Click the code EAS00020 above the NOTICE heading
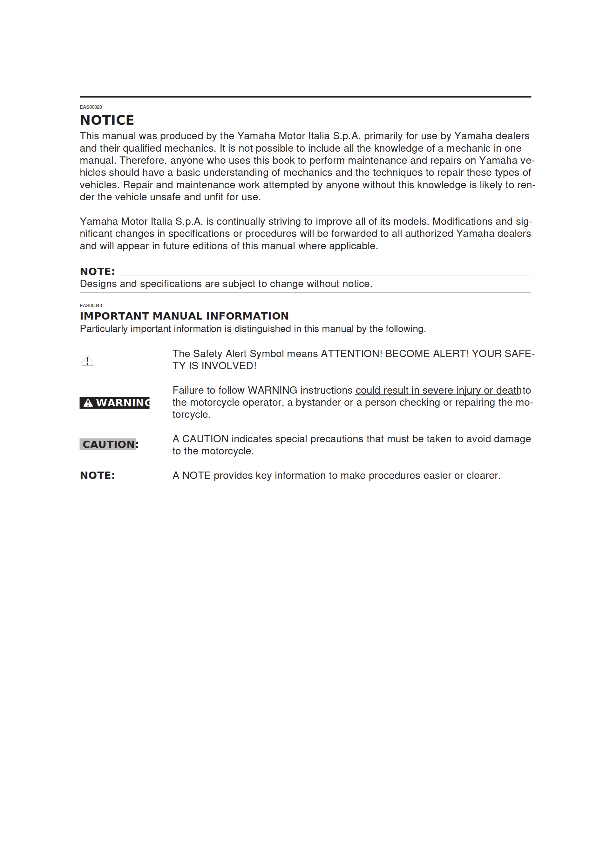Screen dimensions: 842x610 [x=91, y=107]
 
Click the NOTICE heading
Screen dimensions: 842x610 [x=107, y=120]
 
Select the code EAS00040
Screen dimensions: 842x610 [x=91, y=305]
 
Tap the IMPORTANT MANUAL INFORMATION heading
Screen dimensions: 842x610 [x=184, y=316]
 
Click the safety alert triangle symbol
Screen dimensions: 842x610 [x=88, y=360]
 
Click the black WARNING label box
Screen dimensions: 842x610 [x=114, y=403]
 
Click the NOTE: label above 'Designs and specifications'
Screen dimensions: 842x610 [x=97, y=271]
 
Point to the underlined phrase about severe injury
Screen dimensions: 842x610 [x=438, y=390]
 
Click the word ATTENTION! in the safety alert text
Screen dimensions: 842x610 [x=351, y=354]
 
